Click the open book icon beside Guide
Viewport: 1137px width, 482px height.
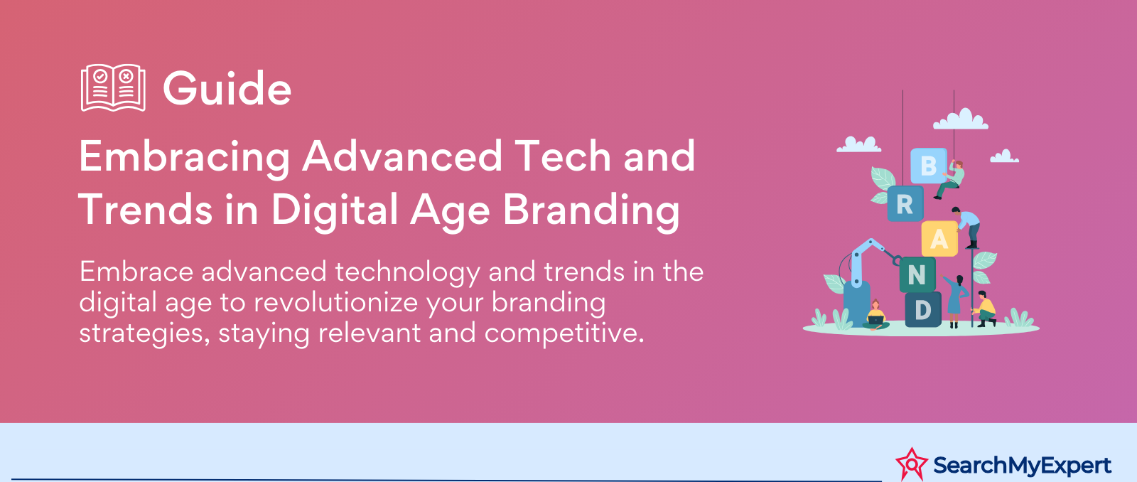pyautogui.click(x=113, y=87)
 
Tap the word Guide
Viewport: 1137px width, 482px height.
pyautogui.click(x=227, y=88)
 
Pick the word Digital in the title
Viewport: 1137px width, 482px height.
pyautogui.click(x=335, y=210)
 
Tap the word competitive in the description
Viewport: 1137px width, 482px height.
pyautogui.click(x=564, y=334)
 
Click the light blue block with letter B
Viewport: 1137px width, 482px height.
pyautogui.click(x=928, y=166)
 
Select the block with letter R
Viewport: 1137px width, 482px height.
pyautogui.click(x=905, y=203)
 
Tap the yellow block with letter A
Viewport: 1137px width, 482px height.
pyautogui.click(x=939, y=238)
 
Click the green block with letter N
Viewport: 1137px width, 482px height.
pyautogui.click(x=917, y=275)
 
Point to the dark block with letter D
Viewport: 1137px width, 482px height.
pyautogui.click(x=923, y=309)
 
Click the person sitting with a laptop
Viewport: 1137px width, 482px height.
pyautogui.click(x=875, y=315)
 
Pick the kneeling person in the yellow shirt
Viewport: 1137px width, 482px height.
pyautogui.click(x=985, y=309)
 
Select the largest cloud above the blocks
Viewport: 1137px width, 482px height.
pyautogui.click(x=961, y=119)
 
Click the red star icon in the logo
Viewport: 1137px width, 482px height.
pyautogui.click(x=912, y=464)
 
